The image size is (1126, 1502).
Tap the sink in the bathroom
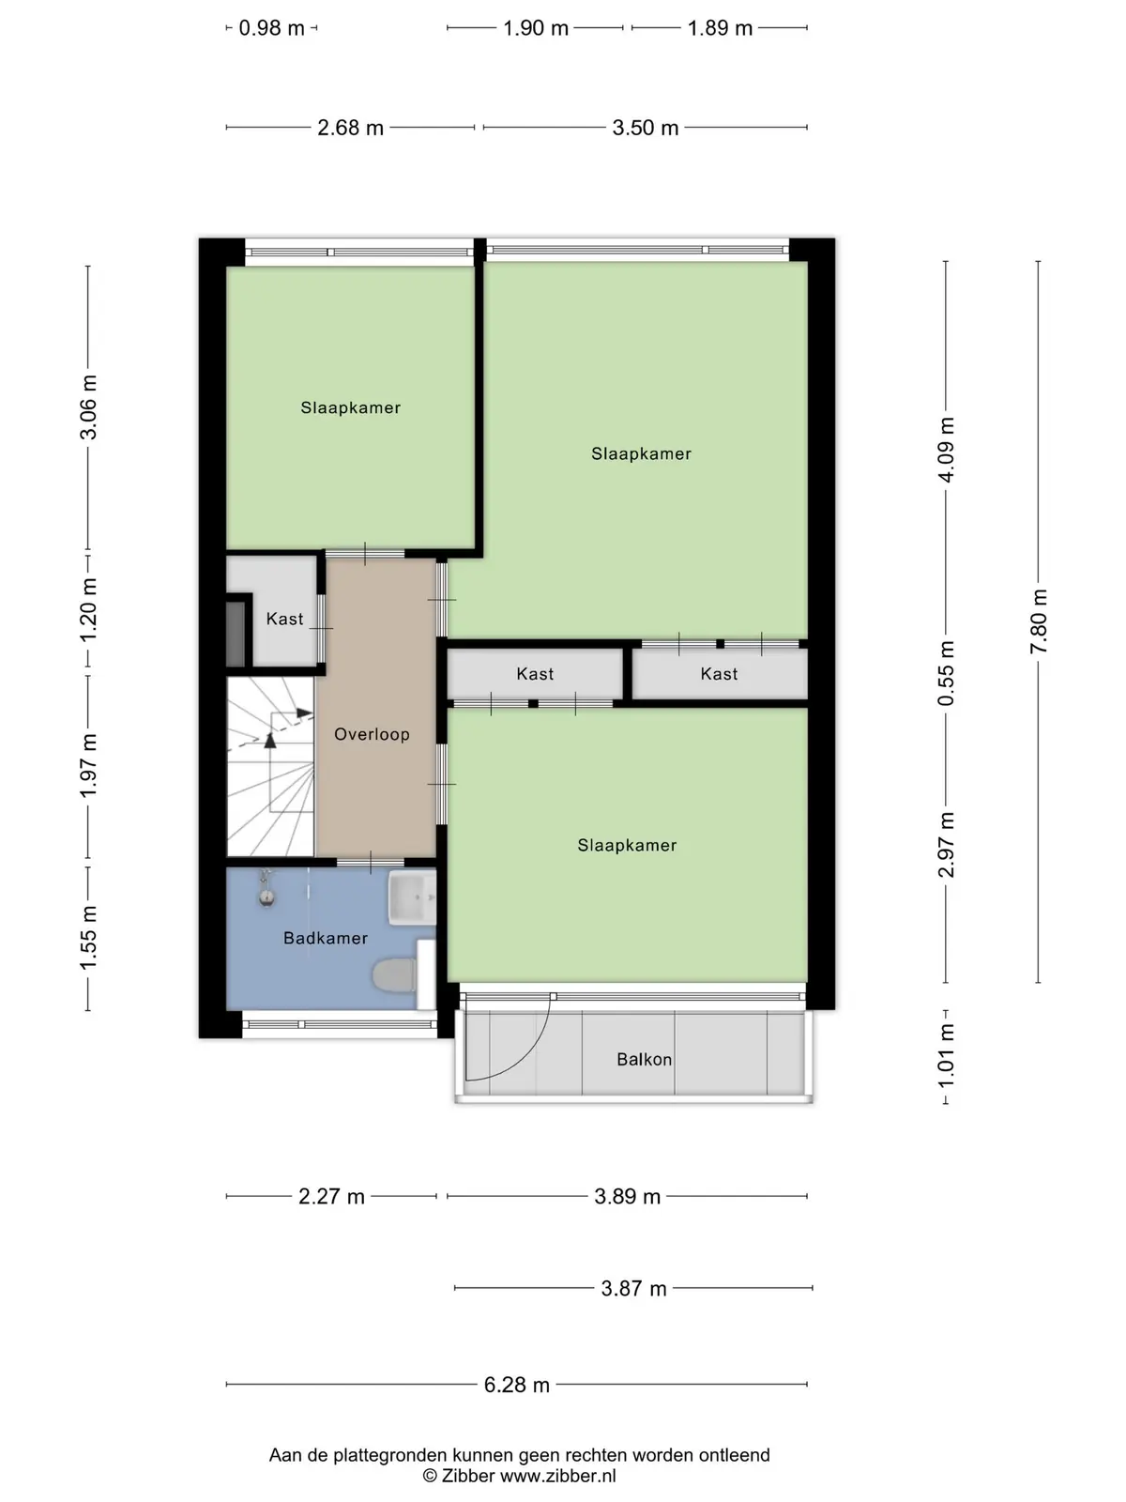(x=412, y=897)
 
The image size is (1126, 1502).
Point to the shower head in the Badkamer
(x=266, y=889)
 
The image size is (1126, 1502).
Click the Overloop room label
(x=372, y=734)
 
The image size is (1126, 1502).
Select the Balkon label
(x=644, y=1059)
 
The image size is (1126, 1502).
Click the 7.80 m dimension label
(x=1039, y=621)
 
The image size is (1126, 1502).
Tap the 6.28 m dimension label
(x=517, y=1385)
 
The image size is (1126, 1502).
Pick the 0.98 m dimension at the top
(x=271, y=28)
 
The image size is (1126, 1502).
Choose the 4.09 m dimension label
(x=946, y=450)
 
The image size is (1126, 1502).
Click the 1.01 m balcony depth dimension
(x=946, y=1055)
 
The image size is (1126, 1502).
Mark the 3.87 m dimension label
(x=633, y=1289)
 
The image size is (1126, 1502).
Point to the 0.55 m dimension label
(x=946, y=673)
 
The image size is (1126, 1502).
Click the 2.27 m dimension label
(x=331, y=1196)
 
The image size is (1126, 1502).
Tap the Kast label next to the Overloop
(x=284, y=619)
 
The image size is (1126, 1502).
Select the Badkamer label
(x=326, y=938)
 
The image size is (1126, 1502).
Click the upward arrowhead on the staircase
(x=270, y=740)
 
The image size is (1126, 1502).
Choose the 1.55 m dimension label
(x=88, y=937)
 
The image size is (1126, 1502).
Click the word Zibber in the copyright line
(x=468, y=1476)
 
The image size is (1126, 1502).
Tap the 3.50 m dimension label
(x=646, y=128)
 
